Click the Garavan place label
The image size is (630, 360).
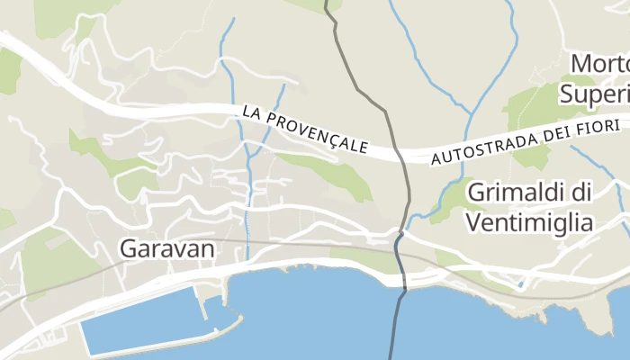coord(168,248)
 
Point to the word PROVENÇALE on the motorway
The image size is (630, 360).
coord(315,132)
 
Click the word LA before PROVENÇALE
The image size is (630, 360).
coord(253,112)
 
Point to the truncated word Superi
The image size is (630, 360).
coord(594,93)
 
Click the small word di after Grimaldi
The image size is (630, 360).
coord(581,193)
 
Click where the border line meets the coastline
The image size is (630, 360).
coord(404,286)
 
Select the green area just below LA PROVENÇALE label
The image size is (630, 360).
coord(333,171)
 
